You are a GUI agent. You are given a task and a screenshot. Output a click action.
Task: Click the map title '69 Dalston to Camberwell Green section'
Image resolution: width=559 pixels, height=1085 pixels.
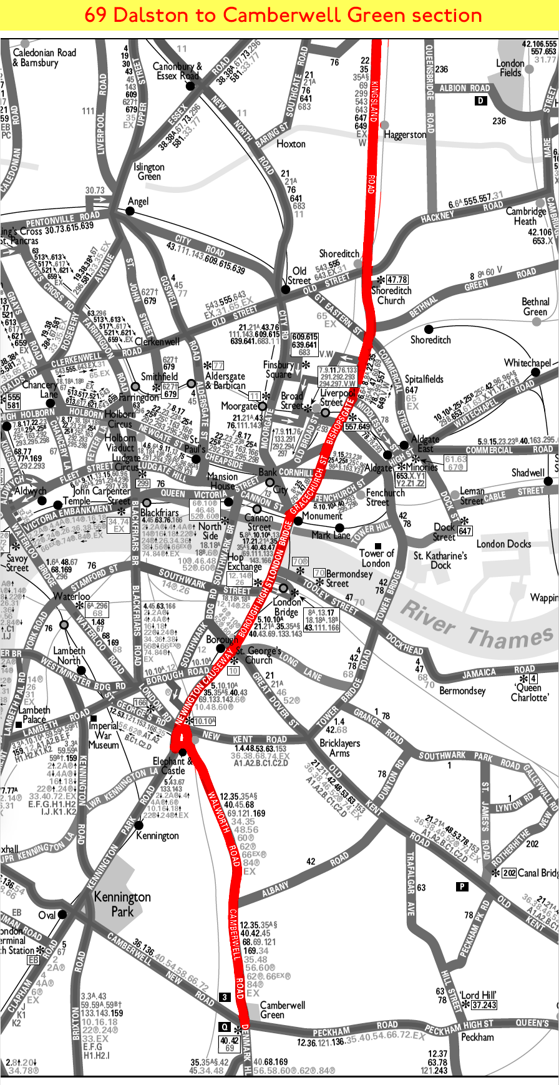(283, 15)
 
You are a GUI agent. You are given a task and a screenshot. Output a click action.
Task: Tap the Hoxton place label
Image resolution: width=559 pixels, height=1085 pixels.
(291, 144)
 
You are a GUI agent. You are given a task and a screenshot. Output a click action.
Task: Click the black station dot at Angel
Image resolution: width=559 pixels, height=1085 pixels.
(130, 211)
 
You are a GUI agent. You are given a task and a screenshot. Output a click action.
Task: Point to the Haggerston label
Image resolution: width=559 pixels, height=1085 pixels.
(406, 134)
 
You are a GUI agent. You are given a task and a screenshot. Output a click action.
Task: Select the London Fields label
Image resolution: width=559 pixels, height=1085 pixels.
(510, 68)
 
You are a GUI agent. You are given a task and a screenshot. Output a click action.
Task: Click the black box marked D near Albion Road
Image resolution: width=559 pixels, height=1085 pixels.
(480, 101)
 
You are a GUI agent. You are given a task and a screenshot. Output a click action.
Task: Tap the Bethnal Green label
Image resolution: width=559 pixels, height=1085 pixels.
(535, 307)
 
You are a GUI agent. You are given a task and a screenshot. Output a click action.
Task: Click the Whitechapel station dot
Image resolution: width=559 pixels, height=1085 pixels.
(535, 372)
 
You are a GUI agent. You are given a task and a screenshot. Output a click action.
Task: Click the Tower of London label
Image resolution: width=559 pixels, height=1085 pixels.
(376, 558)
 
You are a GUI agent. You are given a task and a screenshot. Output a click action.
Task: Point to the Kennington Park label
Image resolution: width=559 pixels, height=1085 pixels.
(122, 904)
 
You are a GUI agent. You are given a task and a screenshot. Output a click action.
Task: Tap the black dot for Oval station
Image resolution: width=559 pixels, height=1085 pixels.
(62, 915)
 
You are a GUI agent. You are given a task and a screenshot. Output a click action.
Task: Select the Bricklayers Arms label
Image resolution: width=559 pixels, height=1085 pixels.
(339, 748)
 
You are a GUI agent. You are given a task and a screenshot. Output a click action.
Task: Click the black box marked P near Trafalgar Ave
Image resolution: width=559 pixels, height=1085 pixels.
(462, 886)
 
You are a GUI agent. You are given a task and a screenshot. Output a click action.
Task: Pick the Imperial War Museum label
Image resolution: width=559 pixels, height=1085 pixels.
(104, 735)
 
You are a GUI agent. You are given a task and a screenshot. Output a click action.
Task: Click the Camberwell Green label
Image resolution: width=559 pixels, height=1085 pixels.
(282, 1009)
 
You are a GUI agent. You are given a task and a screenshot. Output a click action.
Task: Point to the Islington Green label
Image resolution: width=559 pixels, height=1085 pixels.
(149, 172)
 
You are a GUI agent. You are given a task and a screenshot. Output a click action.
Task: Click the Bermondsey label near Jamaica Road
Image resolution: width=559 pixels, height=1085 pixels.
(462, 690)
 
